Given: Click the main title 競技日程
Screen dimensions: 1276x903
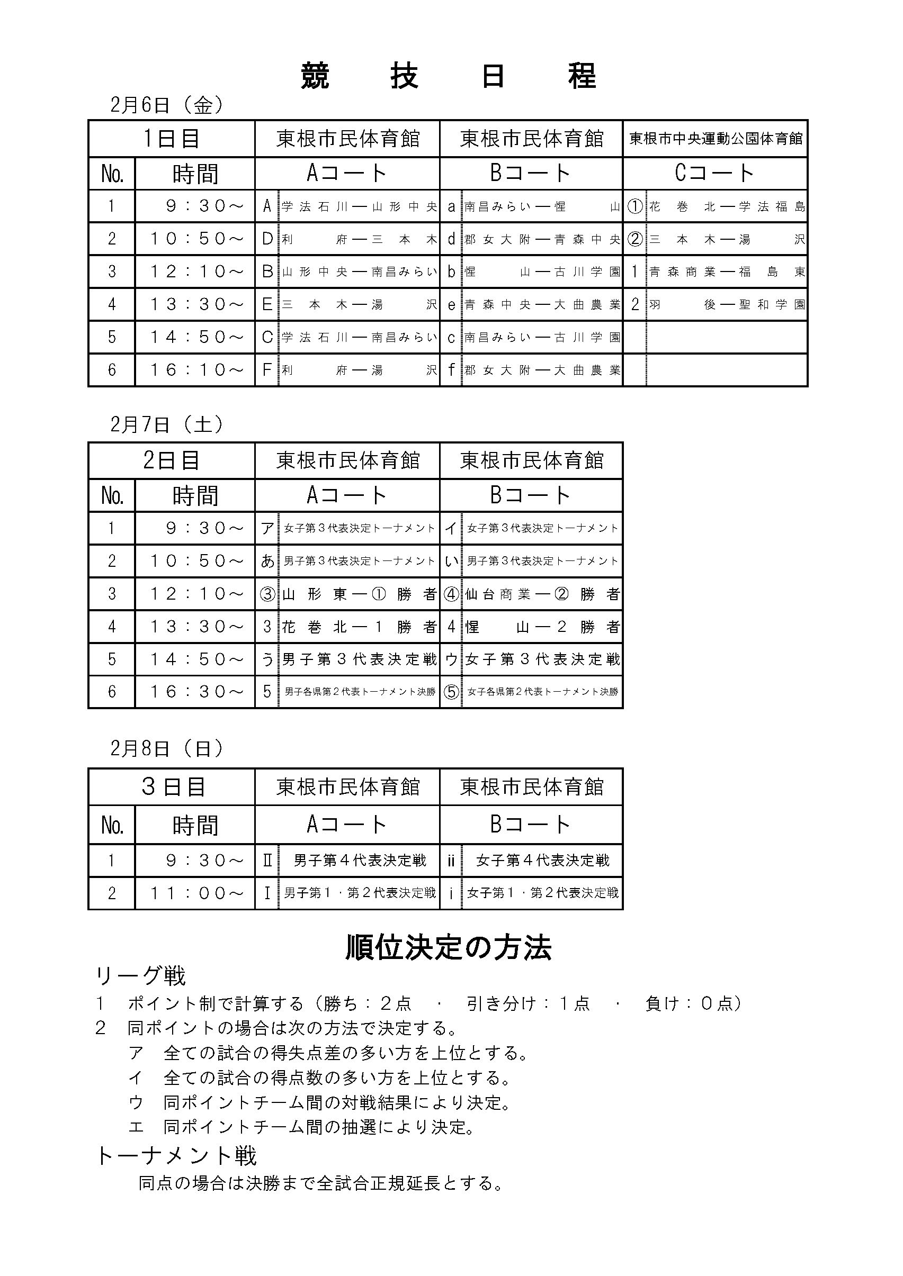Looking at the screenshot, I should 448,76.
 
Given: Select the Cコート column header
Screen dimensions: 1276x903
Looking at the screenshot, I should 714,174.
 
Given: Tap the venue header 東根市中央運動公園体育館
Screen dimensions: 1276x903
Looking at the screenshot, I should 715,138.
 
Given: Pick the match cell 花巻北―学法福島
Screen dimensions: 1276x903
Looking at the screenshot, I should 726,207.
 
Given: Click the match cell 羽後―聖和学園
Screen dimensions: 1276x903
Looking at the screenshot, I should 726,304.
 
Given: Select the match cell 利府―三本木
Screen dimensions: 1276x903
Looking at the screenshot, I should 359,240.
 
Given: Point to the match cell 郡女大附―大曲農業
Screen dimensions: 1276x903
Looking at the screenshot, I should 542,370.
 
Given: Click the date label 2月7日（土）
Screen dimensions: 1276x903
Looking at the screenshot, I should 167,424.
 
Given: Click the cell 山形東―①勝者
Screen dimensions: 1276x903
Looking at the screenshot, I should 359,595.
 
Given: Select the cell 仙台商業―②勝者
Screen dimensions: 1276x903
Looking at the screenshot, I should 542,595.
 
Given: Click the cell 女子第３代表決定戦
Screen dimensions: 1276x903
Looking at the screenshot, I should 542,659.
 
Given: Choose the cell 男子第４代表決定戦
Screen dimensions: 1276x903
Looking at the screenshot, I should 359,861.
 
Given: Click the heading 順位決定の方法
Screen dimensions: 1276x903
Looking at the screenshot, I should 448,947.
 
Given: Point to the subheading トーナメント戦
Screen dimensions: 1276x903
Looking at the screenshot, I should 176,1156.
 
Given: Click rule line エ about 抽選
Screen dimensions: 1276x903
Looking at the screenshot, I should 303,1127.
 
